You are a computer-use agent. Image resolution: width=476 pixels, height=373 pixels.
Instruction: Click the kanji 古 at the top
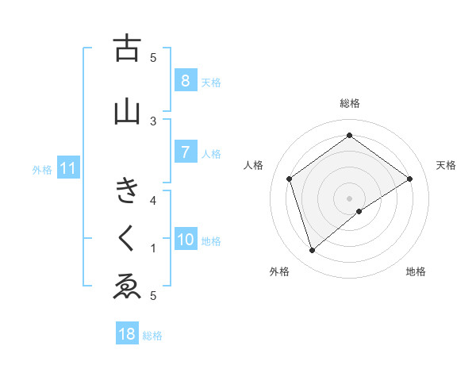[x=127, y=48]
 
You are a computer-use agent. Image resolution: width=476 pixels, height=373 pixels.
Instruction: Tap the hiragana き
[x=127, y=192]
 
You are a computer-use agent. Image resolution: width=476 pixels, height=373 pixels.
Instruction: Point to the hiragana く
[x=127, y=237]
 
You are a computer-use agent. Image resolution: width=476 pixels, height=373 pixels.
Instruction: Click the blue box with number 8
[x=184, y=80]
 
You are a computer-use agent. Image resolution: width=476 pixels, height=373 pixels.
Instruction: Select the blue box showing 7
[x=184, y=152]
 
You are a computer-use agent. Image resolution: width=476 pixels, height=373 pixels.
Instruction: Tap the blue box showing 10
[x=186, y=240]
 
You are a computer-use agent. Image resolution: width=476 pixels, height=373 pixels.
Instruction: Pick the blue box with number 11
[x=68, y=168]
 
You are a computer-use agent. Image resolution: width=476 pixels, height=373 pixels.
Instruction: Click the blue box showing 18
[x=127, y=334]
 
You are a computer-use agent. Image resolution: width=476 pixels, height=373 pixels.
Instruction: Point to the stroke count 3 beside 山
[x=154, y=121]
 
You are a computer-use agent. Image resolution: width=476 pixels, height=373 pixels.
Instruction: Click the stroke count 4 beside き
[x=154, y=200]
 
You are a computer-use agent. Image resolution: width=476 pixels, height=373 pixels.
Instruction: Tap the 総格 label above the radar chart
[x=350, y=103]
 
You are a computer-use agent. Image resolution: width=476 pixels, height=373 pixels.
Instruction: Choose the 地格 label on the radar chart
[x=416, y=271]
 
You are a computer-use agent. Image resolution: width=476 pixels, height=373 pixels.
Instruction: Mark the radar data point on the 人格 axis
[x=290, y=179]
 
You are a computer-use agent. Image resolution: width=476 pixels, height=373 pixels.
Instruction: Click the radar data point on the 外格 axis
[x=313, y=251]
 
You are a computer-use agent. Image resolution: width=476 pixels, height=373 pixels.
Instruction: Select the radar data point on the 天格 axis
[x=409, y=179]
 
